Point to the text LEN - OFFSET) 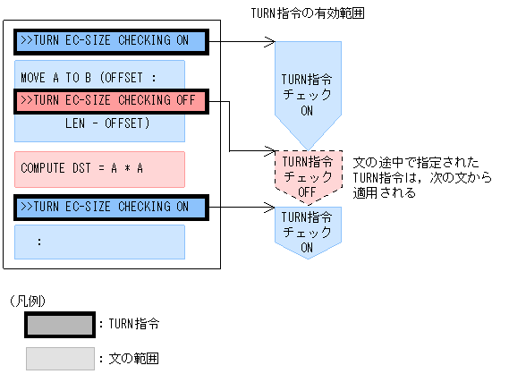coord(107,123)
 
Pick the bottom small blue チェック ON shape coord(307,231)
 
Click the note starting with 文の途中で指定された coord(415,177)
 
